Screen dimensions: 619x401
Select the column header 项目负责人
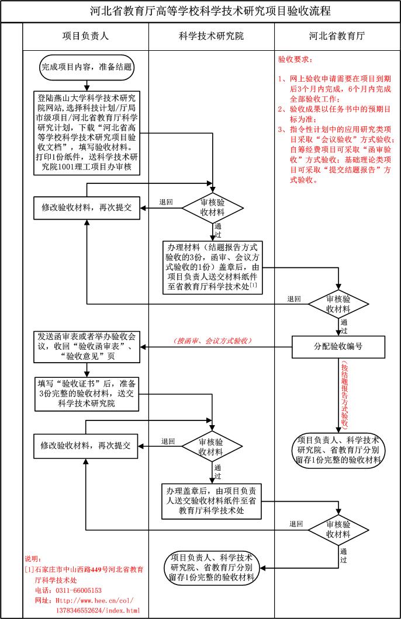(x=85, y=36)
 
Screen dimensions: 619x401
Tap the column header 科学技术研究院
(x=211, y=36)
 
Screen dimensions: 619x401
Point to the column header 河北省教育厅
(x=337, y=36)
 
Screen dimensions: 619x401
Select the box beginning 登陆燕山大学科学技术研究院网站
(x=86, y=131)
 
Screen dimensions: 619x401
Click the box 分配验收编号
(x=338, y=346)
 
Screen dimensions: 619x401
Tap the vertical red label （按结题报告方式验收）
(x=344, y=394)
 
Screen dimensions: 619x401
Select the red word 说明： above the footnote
(x=33, y=559)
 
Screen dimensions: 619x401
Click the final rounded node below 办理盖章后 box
(x=211, y=567)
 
